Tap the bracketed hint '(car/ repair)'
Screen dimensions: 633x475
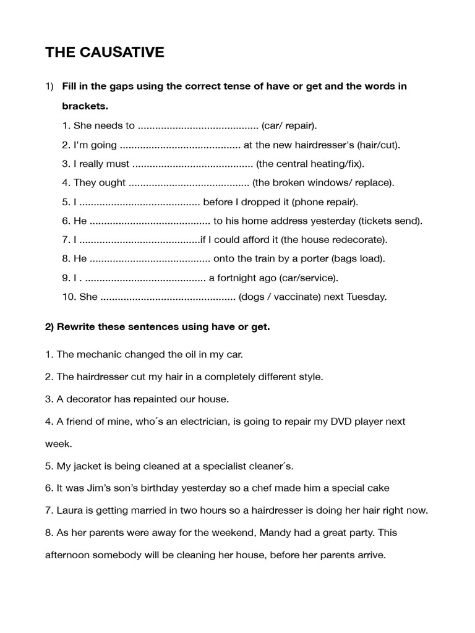[289, 125]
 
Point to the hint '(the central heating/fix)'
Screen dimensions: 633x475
[310, 164]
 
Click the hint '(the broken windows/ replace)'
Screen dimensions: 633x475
[323, 183]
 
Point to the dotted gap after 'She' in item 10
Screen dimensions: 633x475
[168, 297]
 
